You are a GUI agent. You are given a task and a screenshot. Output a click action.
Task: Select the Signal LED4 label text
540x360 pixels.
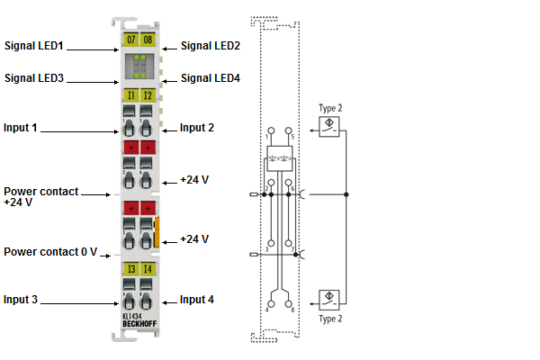pyautogui.click(x=211, y=78)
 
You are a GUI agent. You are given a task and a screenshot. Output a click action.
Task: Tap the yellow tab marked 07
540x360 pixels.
pyautogui.click(x=130, y=40)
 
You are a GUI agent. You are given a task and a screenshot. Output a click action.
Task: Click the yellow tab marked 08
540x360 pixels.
pyautogui.click(x=148, y=40)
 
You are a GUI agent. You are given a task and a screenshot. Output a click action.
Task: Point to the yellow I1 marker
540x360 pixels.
pyautogui.click(x=130, y=94)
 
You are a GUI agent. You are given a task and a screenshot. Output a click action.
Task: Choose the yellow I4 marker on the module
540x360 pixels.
pyautogui.click(x=148, y=268)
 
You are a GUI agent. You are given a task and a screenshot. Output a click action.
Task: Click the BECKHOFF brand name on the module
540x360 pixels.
pyautogui.click(x=139, y=323)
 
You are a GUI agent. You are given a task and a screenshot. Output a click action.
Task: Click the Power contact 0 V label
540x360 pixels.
pyautogui.click(x=50, y=252)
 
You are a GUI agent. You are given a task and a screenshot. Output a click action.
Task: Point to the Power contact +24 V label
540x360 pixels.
pyautogui.click(x=40, y=197)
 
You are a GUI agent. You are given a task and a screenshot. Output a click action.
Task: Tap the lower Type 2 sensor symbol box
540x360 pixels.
pyautogui.click(x=330, y=299)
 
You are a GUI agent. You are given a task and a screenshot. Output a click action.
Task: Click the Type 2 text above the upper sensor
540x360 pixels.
pyautogui.click(x=330, y=108)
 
